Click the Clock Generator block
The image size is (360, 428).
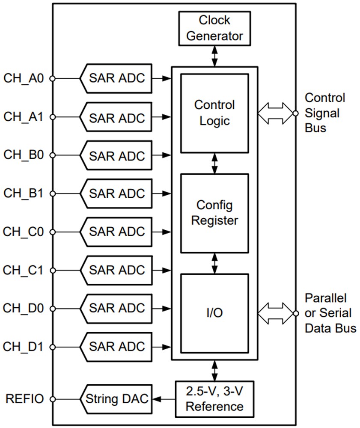214,28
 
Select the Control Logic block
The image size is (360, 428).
214,113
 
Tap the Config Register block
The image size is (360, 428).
214,213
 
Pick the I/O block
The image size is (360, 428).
214,313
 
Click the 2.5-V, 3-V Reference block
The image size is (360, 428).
214,399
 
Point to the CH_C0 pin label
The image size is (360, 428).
24,232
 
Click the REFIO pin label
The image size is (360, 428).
25,399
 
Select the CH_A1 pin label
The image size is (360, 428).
24,117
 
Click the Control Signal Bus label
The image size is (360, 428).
324,113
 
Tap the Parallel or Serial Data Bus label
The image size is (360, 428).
330,313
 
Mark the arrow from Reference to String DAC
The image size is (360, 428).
163,399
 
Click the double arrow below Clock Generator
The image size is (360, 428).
214,56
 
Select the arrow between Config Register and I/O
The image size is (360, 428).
214,263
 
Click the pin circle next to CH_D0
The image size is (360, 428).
53,308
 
